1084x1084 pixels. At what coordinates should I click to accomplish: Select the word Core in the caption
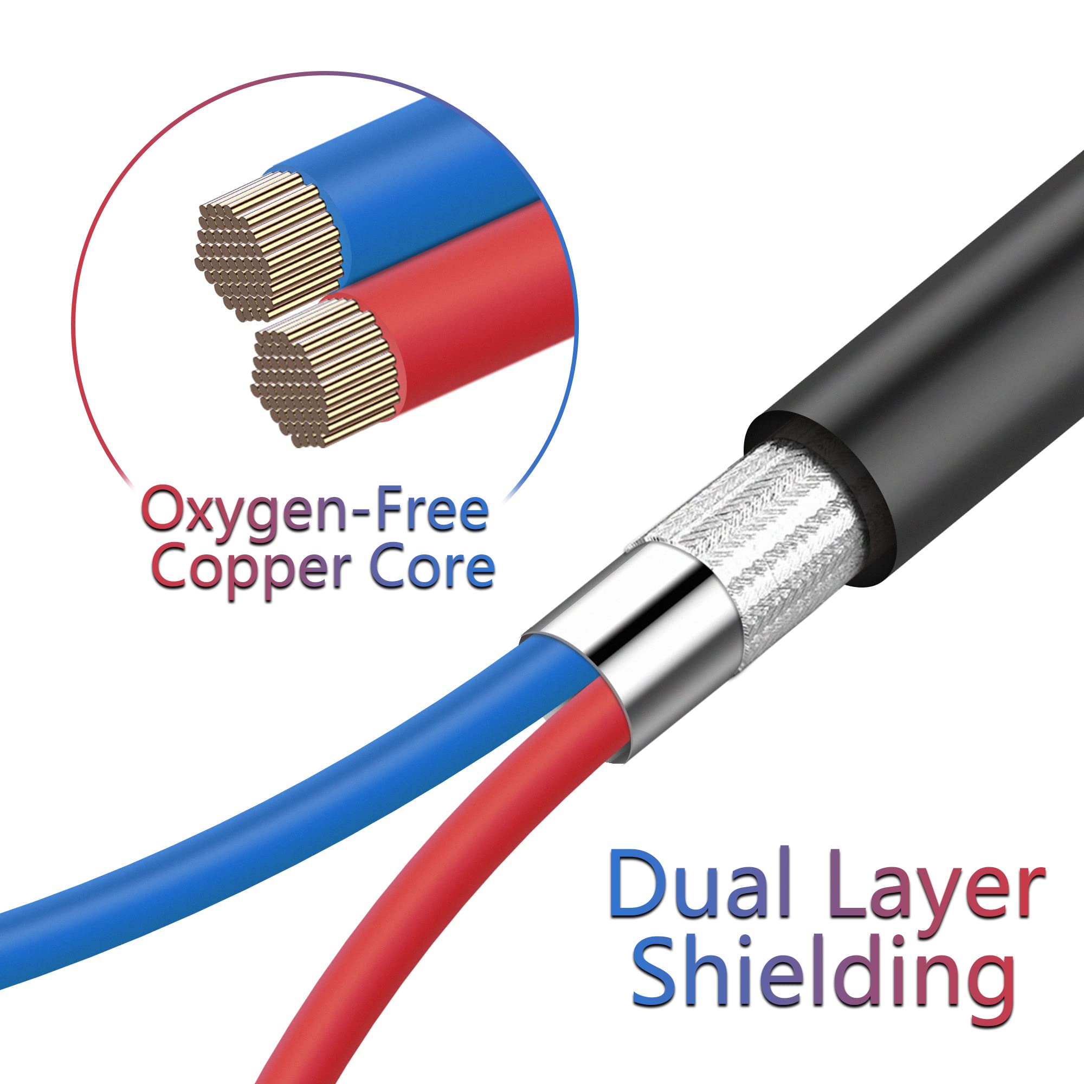[432, 568]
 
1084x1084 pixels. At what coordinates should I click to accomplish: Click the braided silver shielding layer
[775, 539]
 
